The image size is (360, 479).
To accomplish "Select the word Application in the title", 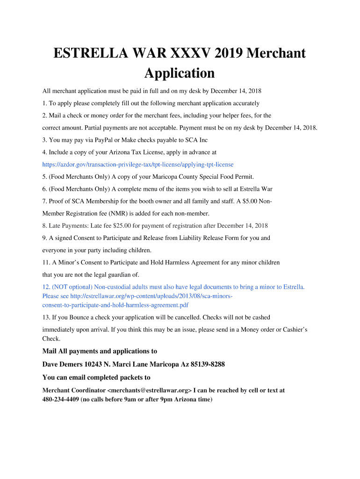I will point(180,73).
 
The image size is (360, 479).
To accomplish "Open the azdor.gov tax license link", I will point(138,165).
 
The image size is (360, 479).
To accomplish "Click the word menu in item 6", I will point(148,189).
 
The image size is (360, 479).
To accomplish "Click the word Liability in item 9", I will point(204,238).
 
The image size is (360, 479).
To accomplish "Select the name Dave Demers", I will point(63,364).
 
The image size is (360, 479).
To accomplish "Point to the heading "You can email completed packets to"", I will point(96,377).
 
